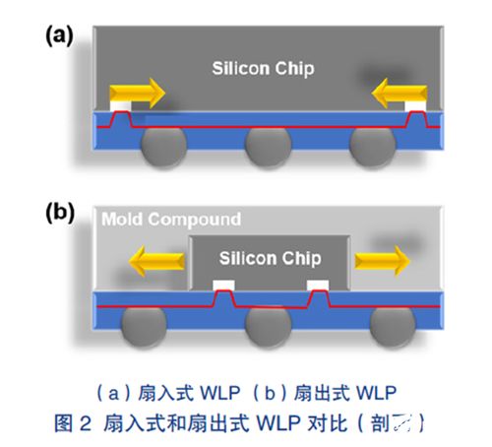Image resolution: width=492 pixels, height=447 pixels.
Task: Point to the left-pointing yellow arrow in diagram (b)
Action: tap(153, 262)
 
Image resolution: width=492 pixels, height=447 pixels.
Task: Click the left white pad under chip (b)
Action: tap(223, 286)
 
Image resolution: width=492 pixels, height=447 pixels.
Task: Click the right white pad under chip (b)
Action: tap(317, 286)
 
